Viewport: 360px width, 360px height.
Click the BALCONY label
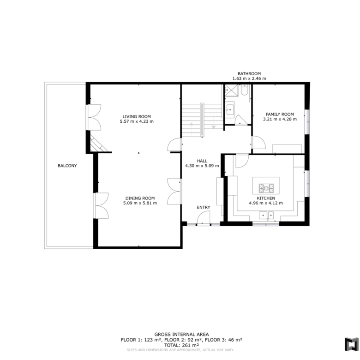(67, 166)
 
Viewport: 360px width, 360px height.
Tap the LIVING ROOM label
(137, 116)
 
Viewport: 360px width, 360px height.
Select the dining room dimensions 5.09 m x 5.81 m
(140, 203)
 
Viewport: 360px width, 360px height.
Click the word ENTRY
(204, 207)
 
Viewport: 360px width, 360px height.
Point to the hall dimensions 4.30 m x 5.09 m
(202, 166)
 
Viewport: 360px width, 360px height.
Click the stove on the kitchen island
(266, 188)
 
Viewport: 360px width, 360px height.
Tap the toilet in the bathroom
(244, 90)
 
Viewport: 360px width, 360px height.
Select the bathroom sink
(229, 110)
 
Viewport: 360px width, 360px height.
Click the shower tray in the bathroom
(231, 90)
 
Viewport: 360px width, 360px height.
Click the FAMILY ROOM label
(280, 114)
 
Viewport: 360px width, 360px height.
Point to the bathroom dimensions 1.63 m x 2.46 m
(249, 78)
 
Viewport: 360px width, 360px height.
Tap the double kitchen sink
(266, 216)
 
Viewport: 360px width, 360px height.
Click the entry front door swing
(204, 217)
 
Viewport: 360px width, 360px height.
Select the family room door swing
(259, 142)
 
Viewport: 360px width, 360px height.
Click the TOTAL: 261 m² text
(181, 345)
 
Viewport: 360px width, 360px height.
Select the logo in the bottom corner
(352, 344)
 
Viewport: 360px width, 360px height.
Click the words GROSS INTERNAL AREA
(181, 335)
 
